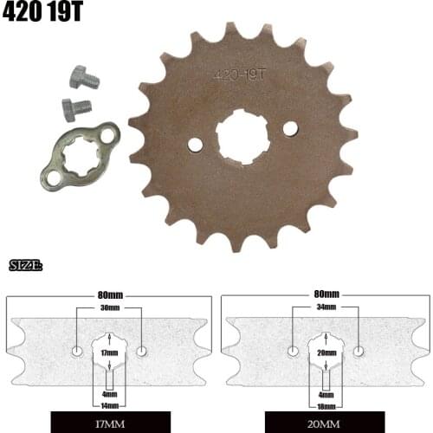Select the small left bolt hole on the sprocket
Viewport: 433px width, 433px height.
pyautogui.click(x=195, y=144)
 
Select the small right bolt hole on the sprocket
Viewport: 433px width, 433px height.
pyautogui.click(x=289, y=128)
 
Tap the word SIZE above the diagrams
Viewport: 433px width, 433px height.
pyautogui.click(x=25, y=265)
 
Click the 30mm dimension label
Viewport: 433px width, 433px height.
pyautogui.click(x=109, y=307)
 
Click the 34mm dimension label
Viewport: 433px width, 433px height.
pyautogui.click(x=326, y=307)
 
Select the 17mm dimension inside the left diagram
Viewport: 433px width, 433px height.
pyautogui.click(x=109, y=353)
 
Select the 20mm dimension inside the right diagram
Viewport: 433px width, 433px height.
pyautogui.click(x=326, y=353)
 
